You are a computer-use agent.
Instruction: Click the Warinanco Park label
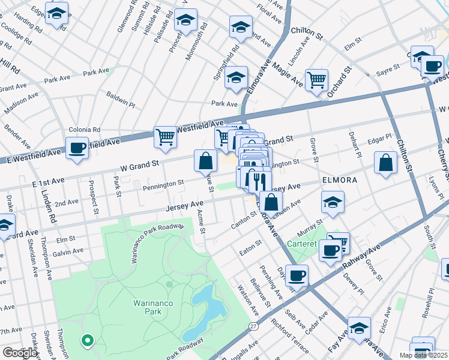(153, 307)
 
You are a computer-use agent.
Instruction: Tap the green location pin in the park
(88, 341)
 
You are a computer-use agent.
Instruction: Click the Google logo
(19, 353)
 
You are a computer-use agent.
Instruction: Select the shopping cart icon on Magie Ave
(316, 79)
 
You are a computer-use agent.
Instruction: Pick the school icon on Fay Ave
(359, 328)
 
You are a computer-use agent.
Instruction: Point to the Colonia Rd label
(84, 130)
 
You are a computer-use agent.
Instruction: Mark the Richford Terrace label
(290, 336)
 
